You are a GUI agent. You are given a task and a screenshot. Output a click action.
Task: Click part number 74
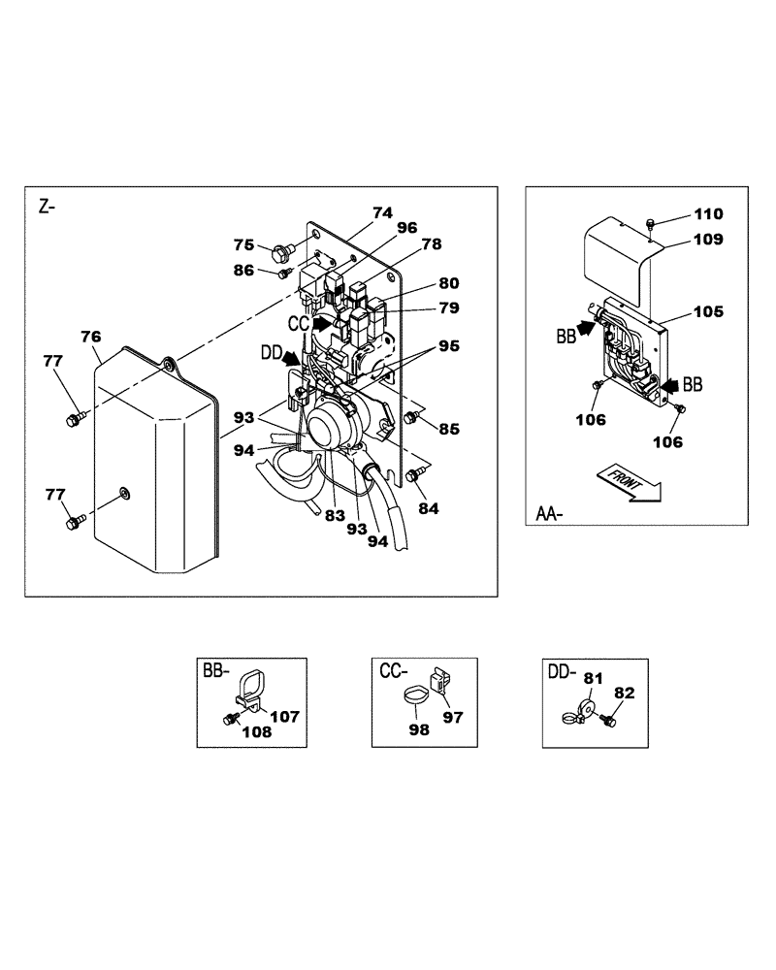(382, 211)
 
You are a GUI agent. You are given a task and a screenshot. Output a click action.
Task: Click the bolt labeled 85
(410, 417)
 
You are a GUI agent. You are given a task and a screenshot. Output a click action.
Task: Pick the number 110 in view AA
(709, 213)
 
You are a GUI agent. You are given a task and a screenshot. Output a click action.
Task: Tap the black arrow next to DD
(290, 357)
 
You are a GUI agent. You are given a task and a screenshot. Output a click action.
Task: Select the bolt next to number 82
(607, 721)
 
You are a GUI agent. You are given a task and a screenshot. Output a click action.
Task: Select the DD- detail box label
(562, 669)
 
